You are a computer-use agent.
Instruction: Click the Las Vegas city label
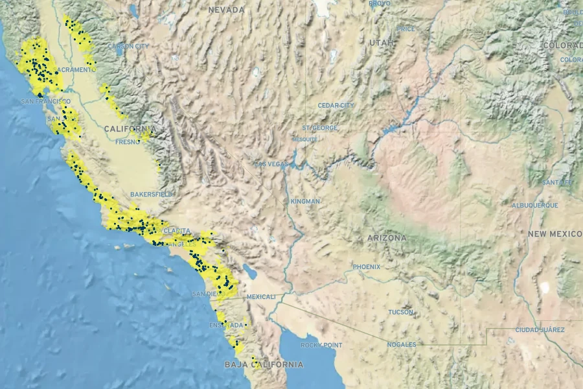(271, 164)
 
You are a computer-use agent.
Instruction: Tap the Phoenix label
(367, 266)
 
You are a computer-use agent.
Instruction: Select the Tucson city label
(401, 312)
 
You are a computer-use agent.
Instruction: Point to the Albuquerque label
(535, 205)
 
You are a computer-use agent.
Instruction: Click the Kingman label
(305, 201)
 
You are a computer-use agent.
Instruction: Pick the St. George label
(320, 128)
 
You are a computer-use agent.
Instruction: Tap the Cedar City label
(336, 105)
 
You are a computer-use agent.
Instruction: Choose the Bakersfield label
(151, 194)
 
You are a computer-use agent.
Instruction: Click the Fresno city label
(127, 141)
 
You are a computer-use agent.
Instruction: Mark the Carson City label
(128, 46)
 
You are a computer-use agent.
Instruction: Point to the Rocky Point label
(322, 345)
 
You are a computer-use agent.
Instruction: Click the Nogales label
(402, 344)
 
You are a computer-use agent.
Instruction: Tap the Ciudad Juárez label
(539, 330)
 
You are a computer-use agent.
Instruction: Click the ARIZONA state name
(387, 238)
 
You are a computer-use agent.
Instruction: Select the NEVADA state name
(227, 10)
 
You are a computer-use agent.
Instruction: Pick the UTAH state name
(381, 42)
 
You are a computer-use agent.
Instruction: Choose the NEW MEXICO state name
(554, 233)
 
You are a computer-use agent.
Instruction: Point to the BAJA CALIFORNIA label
(264, 364)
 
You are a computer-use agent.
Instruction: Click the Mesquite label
(304, 139)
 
